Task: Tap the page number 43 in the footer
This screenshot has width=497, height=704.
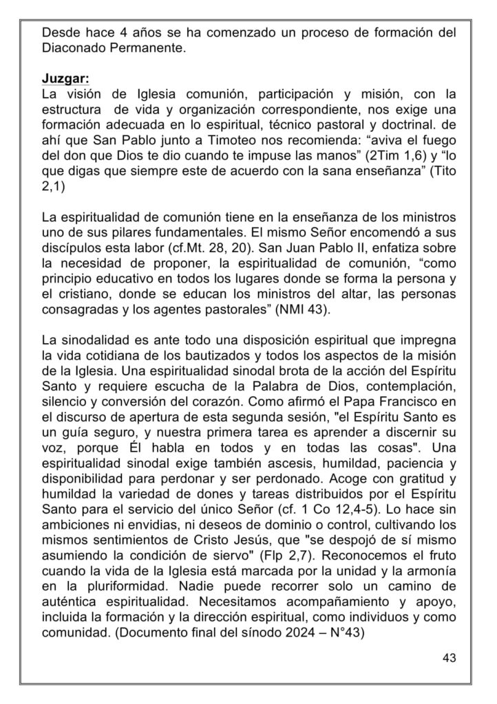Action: pyautogui.click(x=450, y=658)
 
